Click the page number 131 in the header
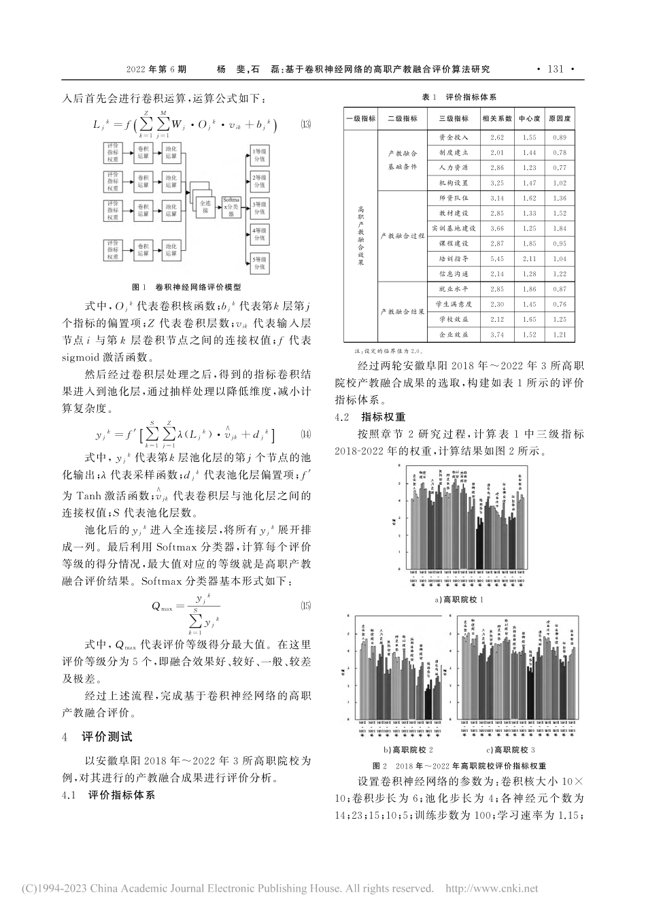(556, 69)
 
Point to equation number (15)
(305, 606)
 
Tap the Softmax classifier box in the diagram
(231, 207)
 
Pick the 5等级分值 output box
(260, 263)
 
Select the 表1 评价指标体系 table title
(460, 97)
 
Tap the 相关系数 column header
(496, 118)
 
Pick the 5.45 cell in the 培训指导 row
(496, 258)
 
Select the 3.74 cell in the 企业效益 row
(496, 335)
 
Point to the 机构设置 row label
(454, 183)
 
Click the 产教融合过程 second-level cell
(402, 236)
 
